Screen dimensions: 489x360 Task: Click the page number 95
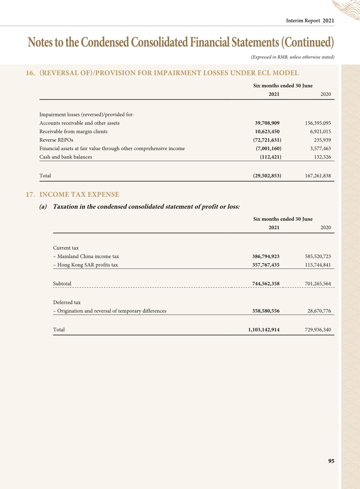(x=331, y=461)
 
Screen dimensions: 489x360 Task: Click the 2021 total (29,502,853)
(x=267, y=176)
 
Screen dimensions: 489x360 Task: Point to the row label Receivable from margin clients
(x=74, y=131)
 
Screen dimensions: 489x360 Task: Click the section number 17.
(x=30, y=194)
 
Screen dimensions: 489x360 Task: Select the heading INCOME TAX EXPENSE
(x=79, y=194)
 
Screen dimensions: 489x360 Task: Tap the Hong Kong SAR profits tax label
(x=86, y=265)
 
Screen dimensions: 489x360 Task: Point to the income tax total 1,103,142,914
(x=264, y=330)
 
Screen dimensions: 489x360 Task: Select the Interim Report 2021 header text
(x=310, y=21)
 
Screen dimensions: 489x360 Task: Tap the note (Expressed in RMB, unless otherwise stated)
(x=293, y=57)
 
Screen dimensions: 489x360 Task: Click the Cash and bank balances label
(x=66, y=157)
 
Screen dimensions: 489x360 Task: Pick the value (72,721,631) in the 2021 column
(x=267, y=140)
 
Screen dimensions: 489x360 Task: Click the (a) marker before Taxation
(x=43, y=207)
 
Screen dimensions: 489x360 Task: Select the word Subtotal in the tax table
(x=62, y=284)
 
